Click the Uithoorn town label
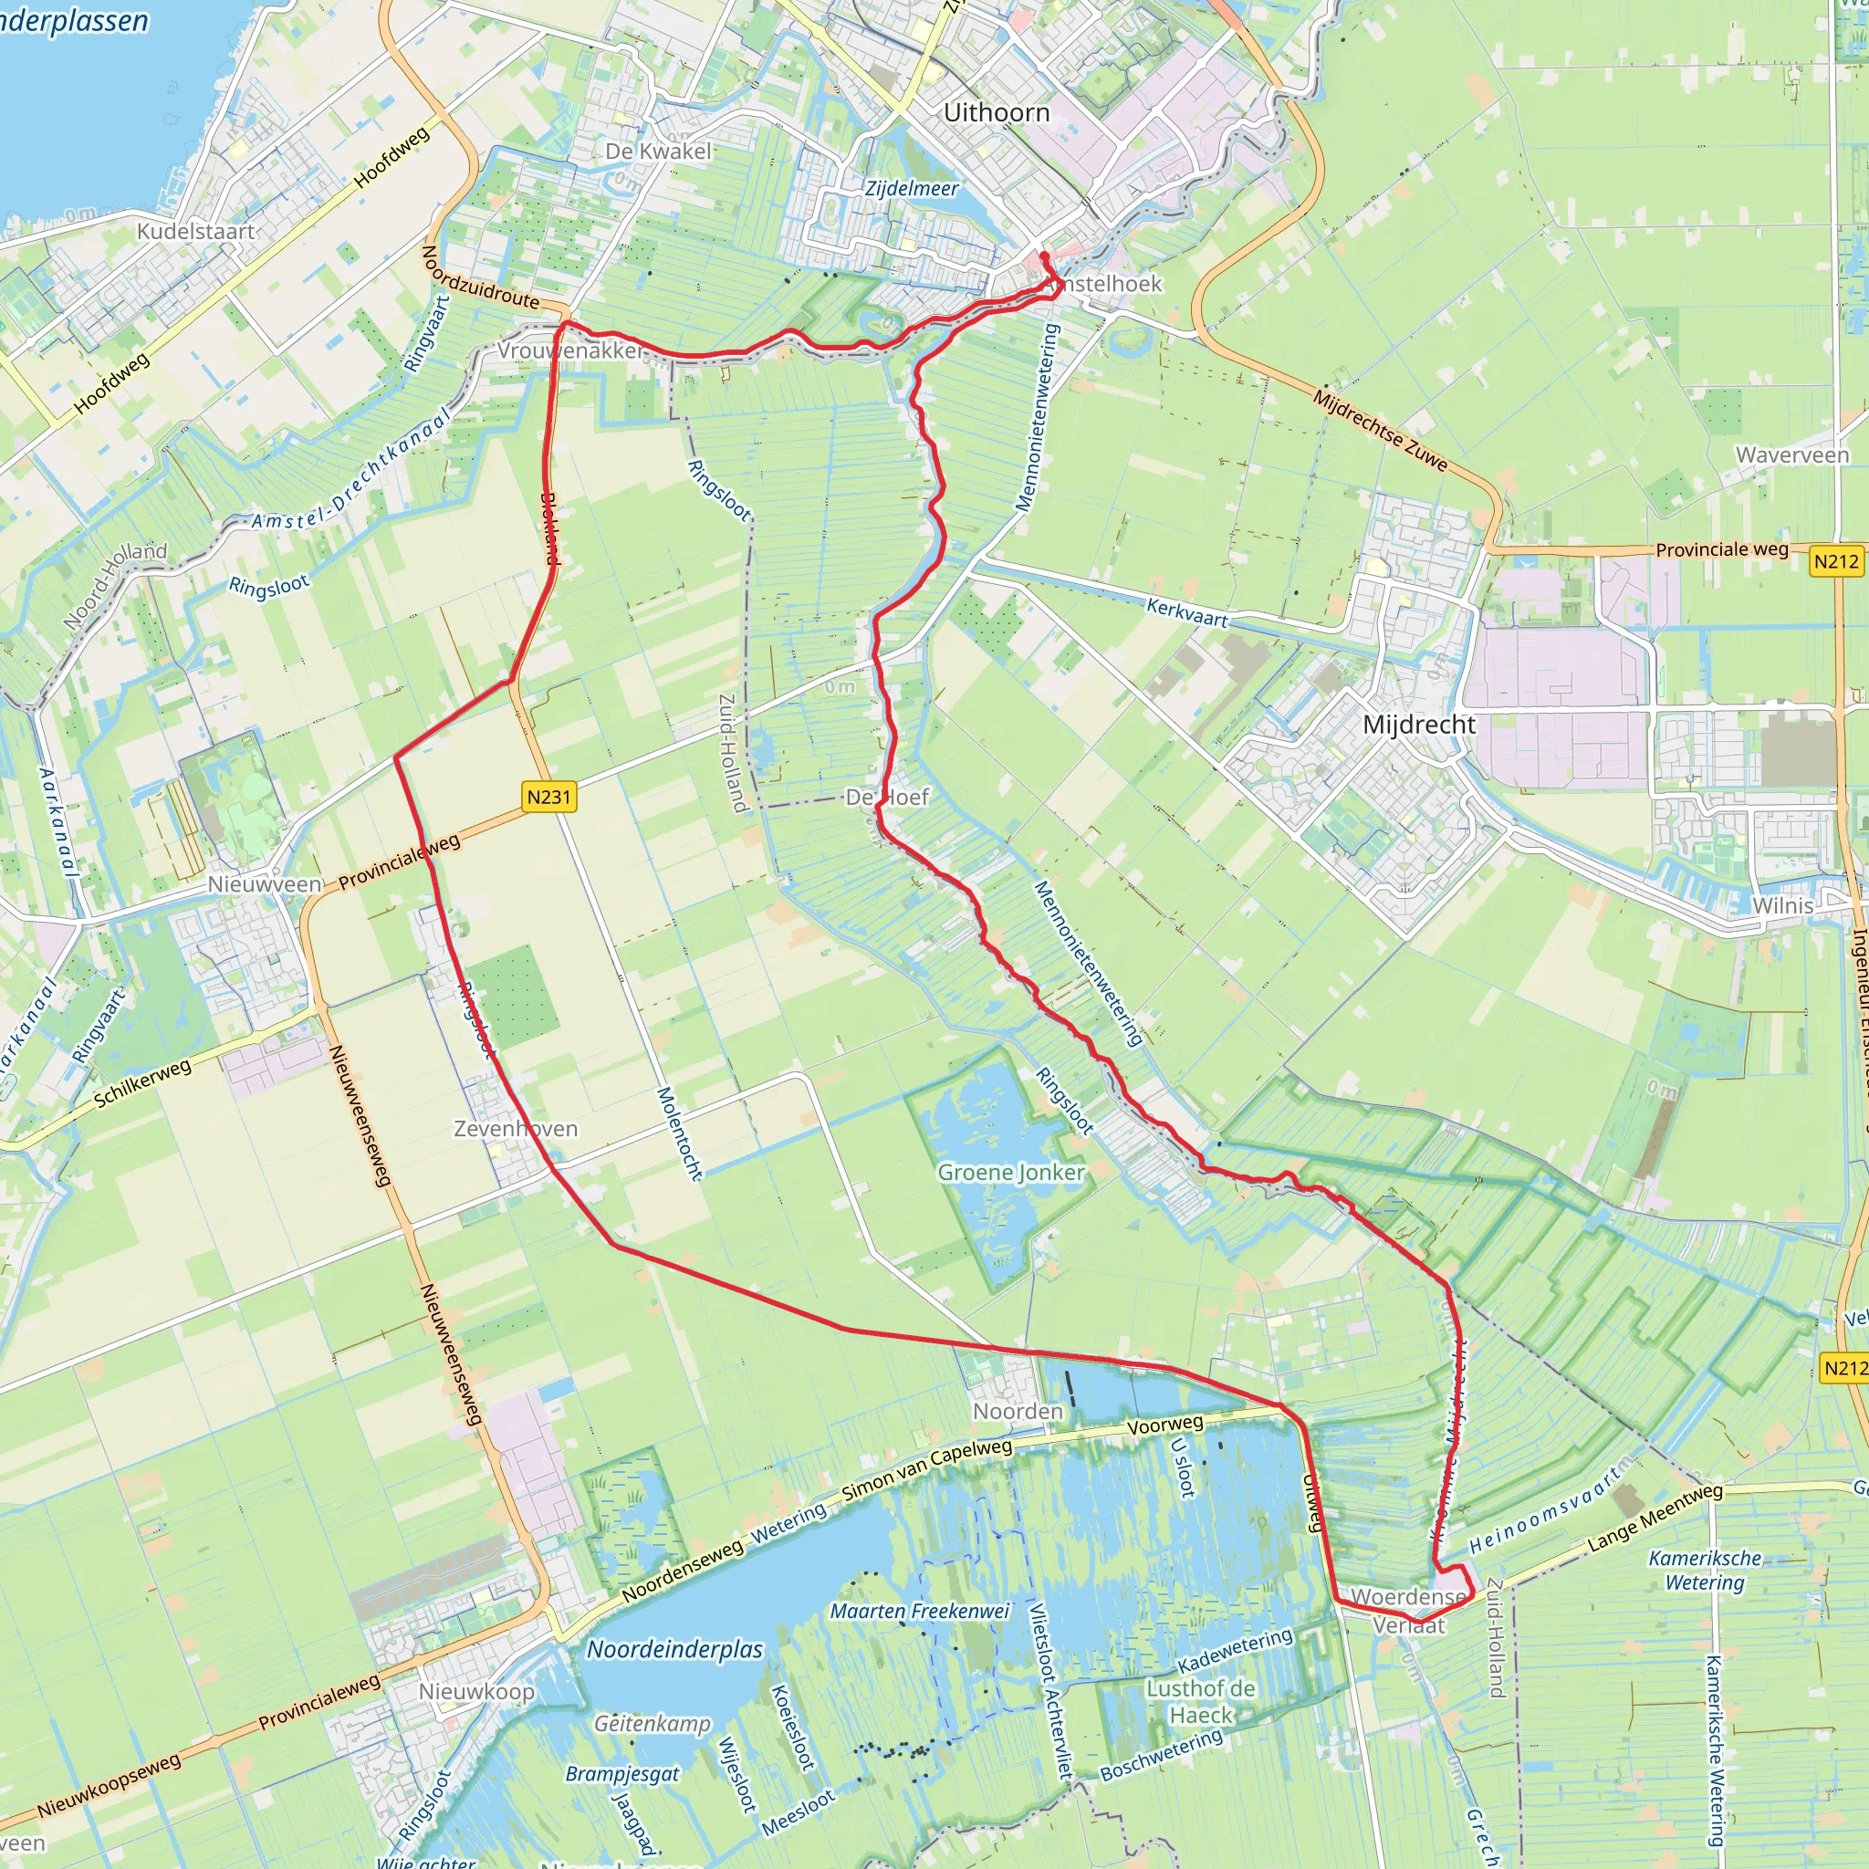pyautogui.click(x=997, y=113)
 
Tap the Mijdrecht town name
pyautogui.click(x=1419, y=725)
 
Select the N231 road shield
pyautogui.click(x=549, y=797)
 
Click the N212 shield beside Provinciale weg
pyautogui.click(x=1836, y=561)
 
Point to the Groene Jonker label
pyautogui.click(x=1011, y=1173)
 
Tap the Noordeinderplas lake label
pyautogui.click(x=675, y=1649)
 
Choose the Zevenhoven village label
pyautogui.click(x=516, y=1129)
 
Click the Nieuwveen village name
pyautogui.click(x=265, y=884)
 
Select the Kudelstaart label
pyautogui.click(x=195, y=231)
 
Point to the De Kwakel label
pyautogui.click(x=658, y=151)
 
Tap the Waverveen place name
pyautogui.click(x=1791, y=454)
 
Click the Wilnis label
pyautogui.click(x=1783, y=905)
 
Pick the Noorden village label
pyautogui.click(x=1018, y=1412)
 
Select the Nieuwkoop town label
pyautogui.click(x=476, y=1692)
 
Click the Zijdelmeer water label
pyautogui.click(x=912, y=189)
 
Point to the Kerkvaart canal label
pyautogui.click(x=1187, y=611)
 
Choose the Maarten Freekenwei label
pyautogui.click(x=919, y=1612)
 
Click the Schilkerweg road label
pyautogui.click(x=142, y=1083)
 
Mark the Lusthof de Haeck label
pyautogui.click(x=1201, y=1702)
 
